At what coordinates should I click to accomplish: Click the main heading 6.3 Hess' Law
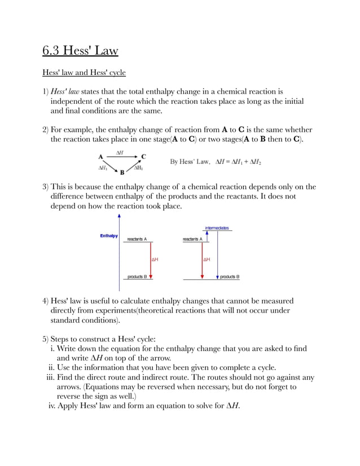pyautogui.click(x=80, y=51)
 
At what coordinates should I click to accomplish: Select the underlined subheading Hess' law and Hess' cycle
pyautogui.click(x=84, y=73)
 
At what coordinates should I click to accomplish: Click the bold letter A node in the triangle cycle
pyautogui.click(x=100, y=156)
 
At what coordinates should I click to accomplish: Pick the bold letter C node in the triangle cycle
pyautogui.click(x=143, y=156)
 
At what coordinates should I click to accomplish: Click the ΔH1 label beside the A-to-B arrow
pyautogui.click(x=103, y=168)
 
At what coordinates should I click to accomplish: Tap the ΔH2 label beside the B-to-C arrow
pyautogui.click(x=138, y=168)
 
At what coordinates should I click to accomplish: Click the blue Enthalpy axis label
pyautogui.click(x=109, y=236)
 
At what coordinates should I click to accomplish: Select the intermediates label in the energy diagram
pyautogui.click(x=217, y=228)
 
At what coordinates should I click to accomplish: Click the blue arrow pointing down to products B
pyautogui.click(x=218, y=254)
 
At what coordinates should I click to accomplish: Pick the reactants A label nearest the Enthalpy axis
pyautogui.click(x=137, y=239)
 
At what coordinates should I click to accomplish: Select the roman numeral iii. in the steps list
pyautogui.click(x=50, y=377)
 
